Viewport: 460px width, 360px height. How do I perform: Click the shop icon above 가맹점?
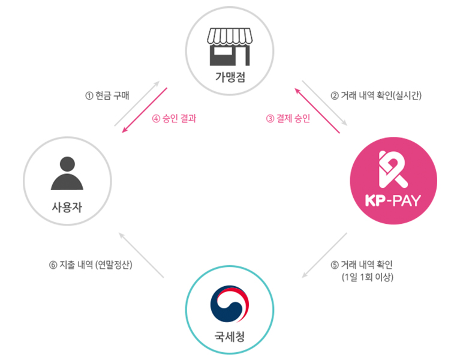[x=230, y=46]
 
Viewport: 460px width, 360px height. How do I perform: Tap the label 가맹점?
[x=230, y=77]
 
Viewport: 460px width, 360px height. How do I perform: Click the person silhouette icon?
[x=67, y=173]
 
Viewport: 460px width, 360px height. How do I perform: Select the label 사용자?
[x=67, y=208]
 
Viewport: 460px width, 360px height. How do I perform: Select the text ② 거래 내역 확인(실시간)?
[x=377, y=95]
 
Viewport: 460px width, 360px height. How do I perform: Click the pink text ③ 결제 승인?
[x=288, y=118]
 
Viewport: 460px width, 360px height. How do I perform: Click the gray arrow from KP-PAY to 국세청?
[x=324, y=256]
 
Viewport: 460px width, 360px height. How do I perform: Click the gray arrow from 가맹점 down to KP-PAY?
[x=324, y=103]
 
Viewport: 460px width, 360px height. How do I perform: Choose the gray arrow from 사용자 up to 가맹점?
[x=137, y=103]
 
